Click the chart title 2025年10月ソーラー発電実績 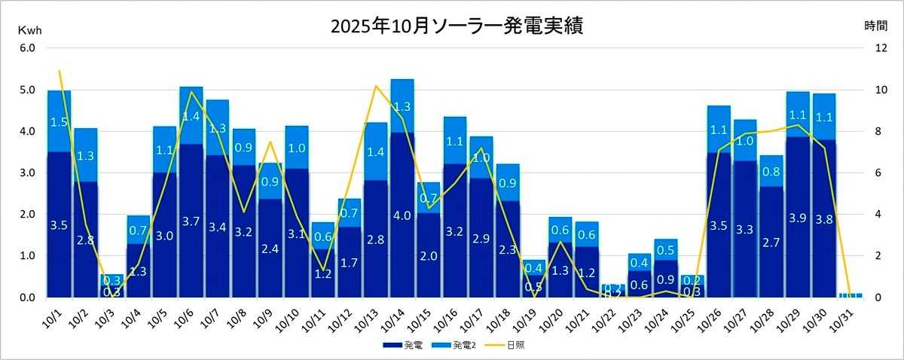point(457,26)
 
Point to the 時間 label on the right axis point(875,26)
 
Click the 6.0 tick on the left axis point(28,48)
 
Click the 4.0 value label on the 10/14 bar point(402,215)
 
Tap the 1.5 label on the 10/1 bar point(60,122)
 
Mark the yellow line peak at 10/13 point(375,86)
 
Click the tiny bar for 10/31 point(851,295)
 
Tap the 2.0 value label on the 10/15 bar point(429,255)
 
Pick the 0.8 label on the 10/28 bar point(771,171)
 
